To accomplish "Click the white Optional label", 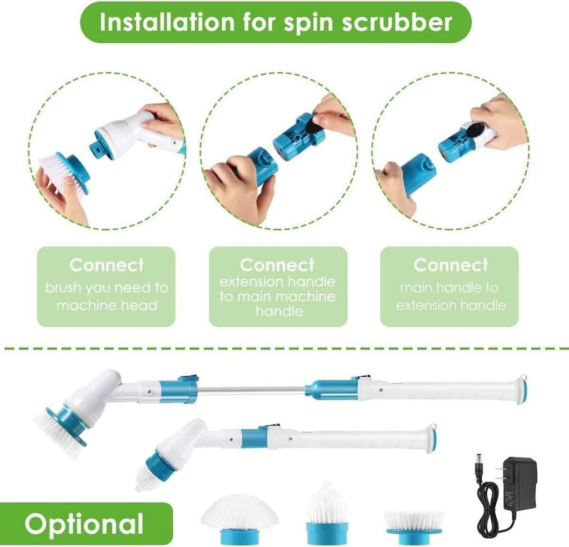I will coord(84,524).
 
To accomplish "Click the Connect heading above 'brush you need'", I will coord(106,265).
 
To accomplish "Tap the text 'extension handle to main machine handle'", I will coord(278,296).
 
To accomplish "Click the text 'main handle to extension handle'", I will coord(450,297).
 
